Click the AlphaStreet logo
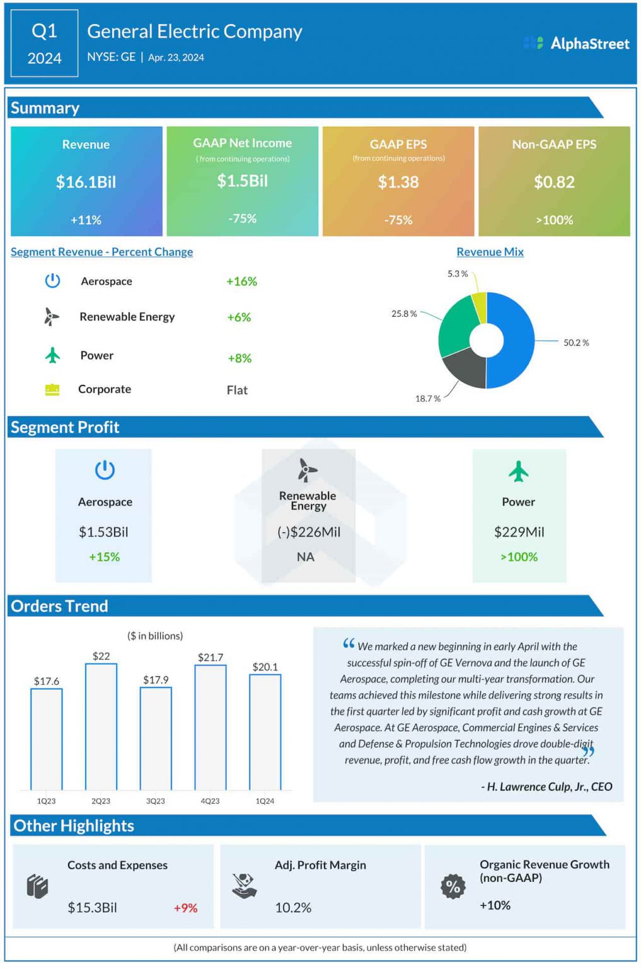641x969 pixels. click(x=576, y=44)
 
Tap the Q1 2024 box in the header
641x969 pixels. click(x=44, y=44)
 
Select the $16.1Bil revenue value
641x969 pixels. click(x=86, y=182)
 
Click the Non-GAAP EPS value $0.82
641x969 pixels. click(x=554, y=182)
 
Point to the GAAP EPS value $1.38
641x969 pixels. click(x=398, y=182)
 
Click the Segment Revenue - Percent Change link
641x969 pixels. click(x=101, y=252)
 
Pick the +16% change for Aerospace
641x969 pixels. click(x=241, y=281)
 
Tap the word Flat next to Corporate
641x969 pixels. click(x=237, y=391)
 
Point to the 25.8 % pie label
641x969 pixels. click(x=404, y=314)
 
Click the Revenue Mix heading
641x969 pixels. click(x=490, y=252)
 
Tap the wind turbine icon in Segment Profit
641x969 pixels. click(x=307, y=470)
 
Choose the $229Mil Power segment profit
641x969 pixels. click(x=519, y=532)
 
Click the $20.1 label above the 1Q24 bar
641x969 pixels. click(x=265, y=667)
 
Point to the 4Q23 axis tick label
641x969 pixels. click(x=210, y=801)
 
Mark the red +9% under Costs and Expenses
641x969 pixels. click(x=185, y=908)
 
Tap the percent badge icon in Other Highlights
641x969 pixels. click(x=453, y=886)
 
